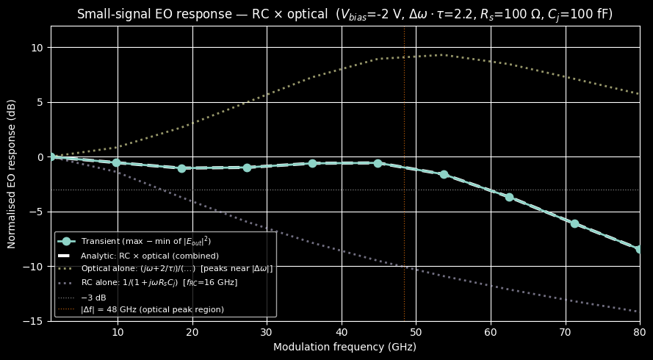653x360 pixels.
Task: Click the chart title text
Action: (344, 14)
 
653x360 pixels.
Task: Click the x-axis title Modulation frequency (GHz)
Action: (344, 347)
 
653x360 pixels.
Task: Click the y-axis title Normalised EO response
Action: (12, 173)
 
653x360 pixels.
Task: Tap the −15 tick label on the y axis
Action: (34, 321)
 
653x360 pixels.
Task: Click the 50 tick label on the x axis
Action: (416, 332)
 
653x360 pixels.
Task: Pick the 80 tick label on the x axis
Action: (639, 332)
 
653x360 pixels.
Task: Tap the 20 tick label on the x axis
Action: (192, 332)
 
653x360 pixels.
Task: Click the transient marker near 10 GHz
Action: (116, 162)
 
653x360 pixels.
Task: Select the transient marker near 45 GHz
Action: (378, 163)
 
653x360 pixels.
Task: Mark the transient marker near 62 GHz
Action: (509, 197)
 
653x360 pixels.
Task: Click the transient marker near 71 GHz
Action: (574, 223)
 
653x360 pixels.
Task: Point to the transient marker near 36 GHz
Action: (312, 163)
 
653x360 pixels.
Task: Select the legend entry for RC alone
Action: (159, 282)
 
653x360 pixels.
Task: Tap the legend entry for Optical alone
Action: (176, 268)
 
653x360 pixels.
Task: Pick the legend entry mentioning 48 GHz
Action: (152, 309)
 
